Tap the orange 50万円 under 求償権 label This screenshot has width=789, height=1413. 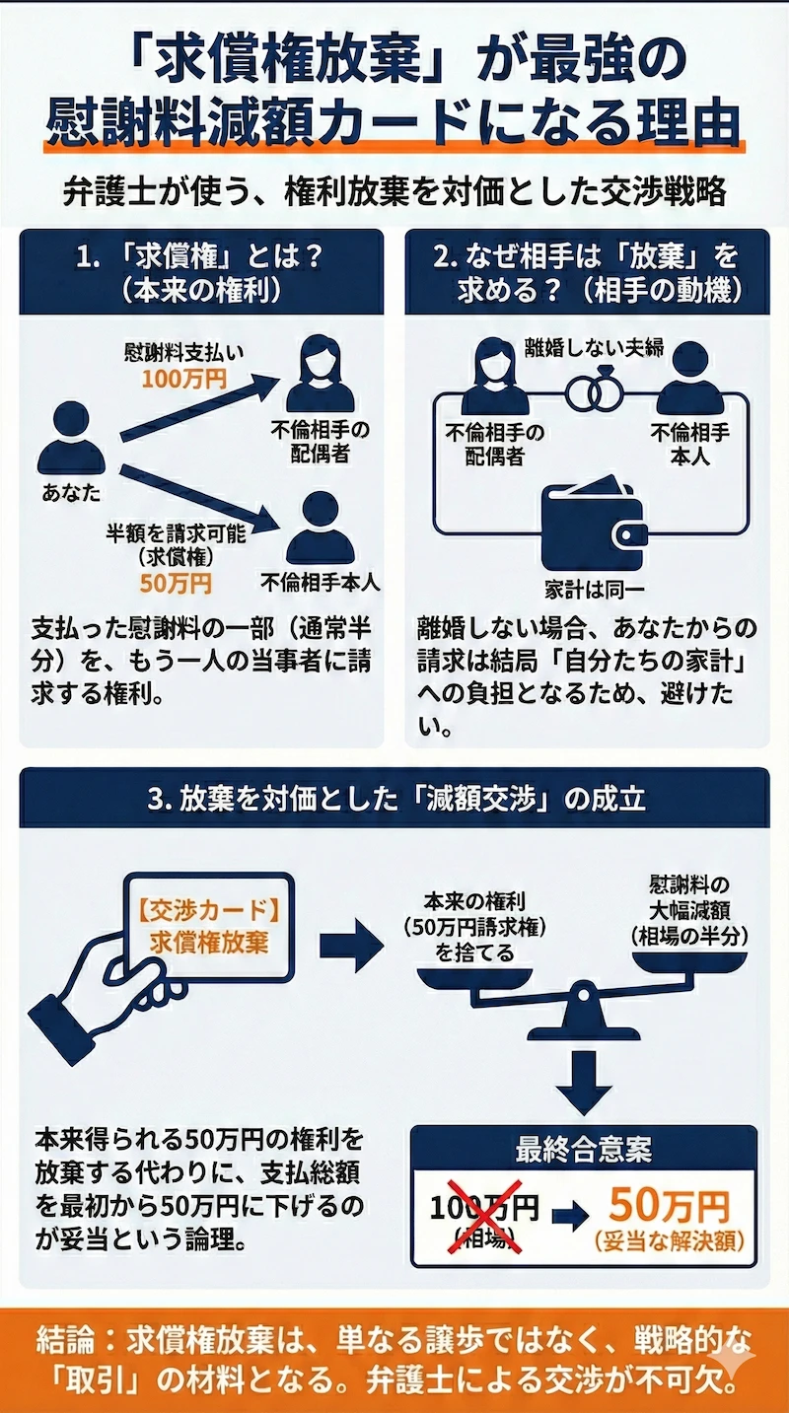176,582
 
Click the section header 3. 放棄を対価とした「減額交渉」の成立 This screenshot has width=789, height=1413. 394,798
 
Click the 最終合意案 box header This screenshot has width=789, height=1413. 584,1149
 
